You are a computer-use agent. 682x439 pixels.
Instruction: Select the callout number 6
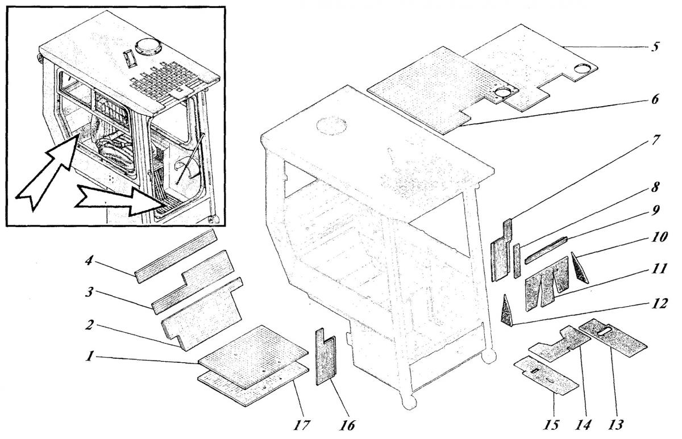click(655, 99)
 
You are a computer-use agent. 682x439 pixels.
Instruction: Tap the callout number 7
click(656, 139)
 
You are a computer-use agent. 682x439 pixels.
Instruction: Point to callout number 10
click(658, 234)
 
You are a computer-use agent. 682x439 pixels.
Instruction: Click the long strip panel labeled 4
click(176, 254)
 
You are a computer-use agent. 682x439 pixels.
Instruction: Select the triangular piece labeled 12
click(507, 311)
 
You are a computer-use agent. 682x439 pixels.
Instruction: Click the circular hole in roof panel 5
click(583, 69)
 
